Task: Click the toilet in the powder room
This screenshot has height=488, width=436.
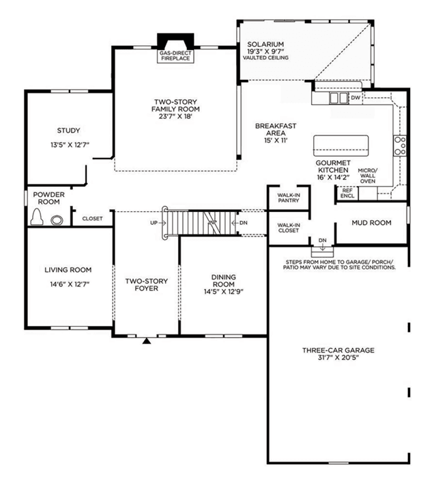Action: (37, 217)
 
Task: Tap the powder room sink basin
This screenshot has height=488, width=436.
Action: (57, 220)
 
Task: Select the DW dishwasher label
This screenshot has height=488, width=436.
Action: (355, 98)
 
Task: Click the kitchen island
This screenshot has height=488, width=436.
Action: (341, 146)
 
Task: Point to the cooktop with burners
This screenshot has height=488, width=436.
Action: (400, 146)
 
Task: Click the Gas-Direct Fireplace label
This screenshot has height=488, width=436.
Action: (175, 56)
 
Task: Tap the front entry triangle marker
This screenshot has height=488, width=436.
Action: (147, 341)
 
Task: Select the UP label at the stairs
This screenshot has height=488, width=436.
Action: (154, 223)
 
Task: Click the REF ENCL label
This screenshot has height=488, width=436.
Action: (347, 193)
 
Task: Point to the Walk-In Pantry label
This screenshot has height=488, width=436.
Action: (289, 198)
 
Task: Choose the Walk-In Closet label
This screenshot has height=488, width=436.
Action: (289, 228)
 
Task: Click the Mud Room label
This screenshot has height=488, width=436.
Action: (371, 223)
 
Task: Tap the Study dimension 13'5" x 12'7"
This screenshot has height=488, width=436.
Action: (70, 145)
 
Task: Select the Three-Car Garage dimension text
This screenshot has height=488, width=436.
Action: (338, 357)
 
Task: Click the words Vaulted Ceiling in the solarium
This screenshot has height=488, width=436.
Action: (265, 57)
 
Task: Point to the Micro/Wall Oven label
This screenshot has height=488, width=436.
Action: (368, 176)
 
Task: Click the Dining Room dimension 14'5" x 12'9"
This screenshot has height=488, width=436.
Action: (223, 292)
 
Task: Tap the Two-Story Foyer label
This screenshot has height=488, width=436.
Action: (147, 285)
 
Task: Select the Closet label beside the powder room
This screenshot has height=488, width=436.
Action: (92, 219)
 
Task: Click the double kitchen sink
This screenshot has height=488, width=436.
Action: (338, 98)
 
